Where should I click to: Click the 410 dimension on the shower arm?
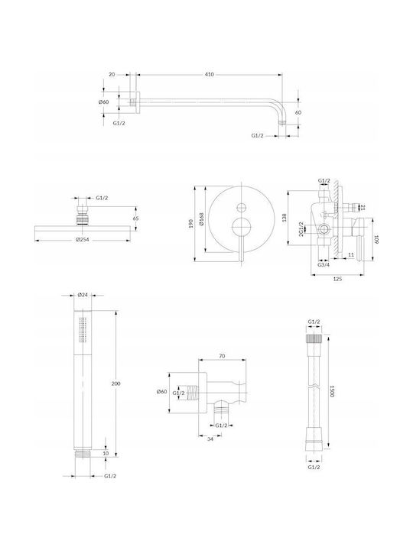point(209,74)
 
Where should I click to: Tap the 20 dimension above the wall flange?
point(112,74)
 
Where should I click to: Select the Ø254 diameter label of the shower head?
point(82,240)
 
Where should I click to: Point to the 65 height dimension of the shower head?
point(136,218)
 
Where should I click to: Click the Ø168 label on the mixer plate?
point(202,219)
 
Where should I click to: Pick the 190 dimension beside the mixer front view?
point(191,223)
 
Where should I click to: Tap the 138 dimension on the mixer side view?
point(285,218)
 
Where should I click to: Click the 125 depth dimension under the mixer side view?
point(337,279)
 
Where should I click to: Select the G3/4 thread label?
point(324,264)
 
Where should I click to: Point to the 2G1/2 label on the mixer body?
point(301,228)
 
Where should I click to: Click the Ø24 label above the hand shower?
point(82,295)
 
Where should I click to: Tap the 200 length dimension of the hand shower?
point(115,383)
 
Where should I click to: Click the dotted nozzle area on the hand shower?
point(83,330)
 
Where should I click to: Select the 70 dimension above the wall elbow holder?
point(222,356)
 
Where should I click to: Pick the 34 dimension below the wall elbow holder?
point(210,438)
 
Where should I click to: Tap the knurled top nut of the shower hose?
point(314,339)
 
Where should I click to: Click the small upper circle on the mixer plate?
point(241,207)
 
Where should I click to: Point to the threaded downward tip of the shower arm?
point(282,122)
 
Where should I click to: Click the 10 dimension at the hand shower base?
point(106,453)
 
